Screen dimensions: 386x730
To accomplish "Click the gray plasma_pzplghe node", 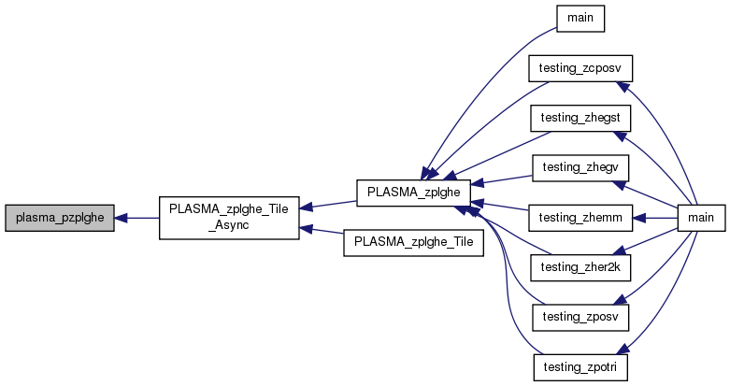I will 60,218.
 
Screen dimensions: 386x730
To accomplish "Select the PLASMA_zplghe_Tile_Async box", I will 229,218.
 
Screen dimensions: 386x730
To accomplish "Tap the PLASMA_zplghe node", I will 412,190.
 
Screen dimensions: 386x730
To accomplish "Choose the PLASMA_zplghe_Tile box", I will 412,242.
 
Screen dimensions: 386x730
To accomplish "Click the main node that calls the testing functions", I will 700,218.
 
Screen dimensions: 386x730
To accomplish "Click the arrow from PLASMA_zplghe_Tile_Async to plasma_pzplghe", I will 136,218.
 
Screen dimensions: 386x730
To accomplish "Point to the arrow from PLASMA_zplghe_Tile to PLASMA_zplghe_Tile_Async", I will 322,234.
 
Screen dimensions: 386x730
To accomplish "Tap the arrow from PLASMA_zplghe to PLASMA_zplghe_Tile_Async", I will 327,204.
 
